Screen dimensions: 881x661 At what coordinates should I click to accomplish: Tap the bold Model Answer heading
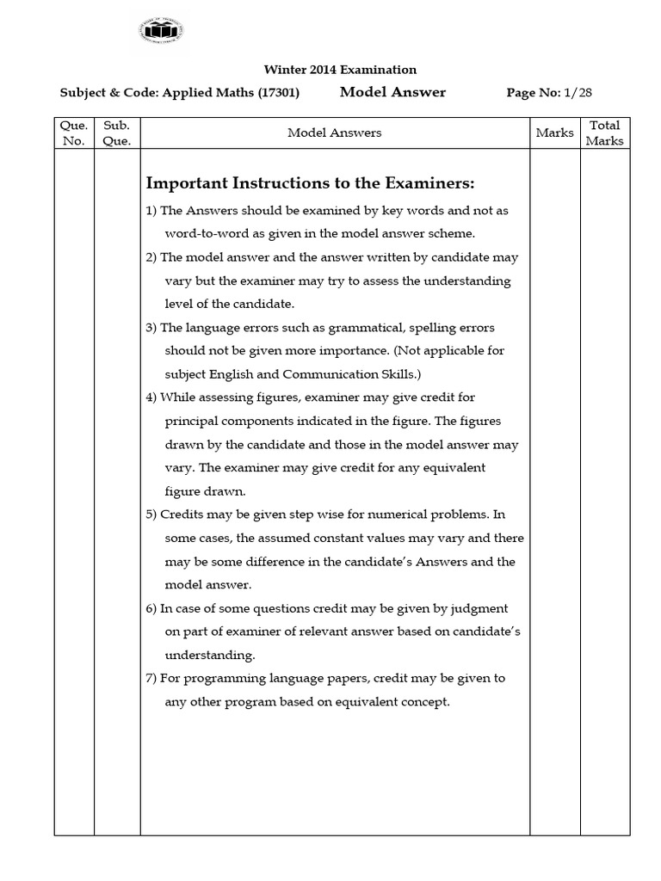[392, 92]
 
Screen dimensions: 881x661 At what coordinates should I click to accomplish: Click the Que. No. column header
[74, 132]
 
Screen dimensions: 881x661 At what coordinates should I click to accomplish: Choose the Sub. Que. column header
[116, 132]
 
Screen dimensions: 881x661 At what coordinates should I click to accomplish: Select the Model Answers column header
[334, 132]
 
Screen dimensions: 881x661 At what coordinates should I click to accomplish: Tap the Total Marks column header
[604, 132]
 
